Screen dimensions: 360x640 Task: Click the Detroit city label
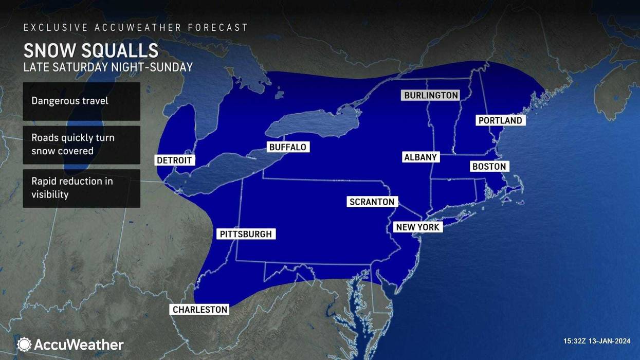pyautogui.click(x=174, y=160)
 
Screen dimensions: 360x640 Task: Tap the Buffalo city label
pyautogui.click(x=288, y=147)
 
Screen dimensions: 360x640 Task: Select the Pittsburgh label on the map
pyautogui.click(x=246, y=234)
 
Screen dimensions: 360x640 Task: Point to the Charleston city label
pyautogui.click(x=200, y=310)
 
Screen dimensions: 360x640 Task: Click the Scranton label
pyautogui.click(x=372, y=202)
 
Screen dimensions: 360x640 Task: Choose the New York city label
pyautogui.click(x=417, y=227)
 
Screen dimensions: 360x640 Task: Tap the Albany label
pyautogui.click(x=420, y=157)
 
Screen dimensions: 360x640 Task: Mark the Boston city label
pyautogui.click(x=489, y=167)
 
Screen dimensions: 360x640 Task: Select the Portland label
pyautogui.click(x=500, y=120)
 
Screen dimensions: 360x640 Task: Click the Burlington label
pyautogui.click(x=431, y=96)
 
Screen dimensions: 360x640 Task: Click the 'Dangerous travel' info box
pyautogui.click(x=81, y=101)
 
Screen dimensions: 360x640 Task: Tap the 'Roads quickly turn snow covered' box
pyautogui.click(x=81, y=145)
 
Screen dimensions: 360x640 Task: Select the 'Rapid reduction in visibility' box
pyautogui.click(x=81, y=188)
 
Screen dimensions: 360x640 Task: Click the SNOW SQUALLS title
pyautogui.click(x=91, y=51)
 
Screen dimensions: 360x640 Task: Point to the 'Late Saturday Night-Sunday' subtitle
pyautogui.click(x=108, y=67)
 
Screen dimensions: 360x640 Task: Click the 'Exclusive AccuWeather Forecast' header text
pyautogui.click(x=136, y=27)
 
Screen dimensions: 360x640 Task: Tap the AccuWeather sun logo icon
pyautogui.click(x=24, y=344)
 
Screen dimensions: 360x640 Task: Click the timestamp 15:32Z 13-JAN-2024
pyautogui.click(x=596, y=341)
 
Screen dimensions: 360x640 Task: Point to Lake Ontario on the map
pyautogui.click(x=314, y=124)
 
